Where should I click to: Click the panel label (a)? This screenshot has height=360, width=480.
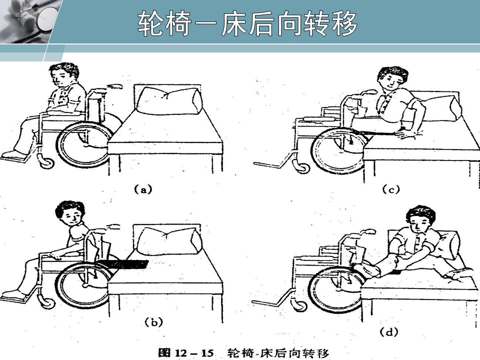[x=143, y=189]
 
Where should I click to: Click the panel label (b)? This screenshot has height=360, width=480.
[x=153, y=322]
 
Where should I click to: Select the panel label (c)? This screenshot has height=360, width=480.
[x=391, y=190]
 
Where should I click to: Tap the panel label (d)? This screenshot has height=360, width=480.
[x=389, y=332]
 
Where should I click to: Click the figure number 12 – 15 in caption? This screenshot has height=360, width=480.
[x=194, y=352]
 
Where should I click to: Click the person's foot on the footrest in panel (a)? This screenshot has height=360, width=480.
[x=14, y=154]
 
